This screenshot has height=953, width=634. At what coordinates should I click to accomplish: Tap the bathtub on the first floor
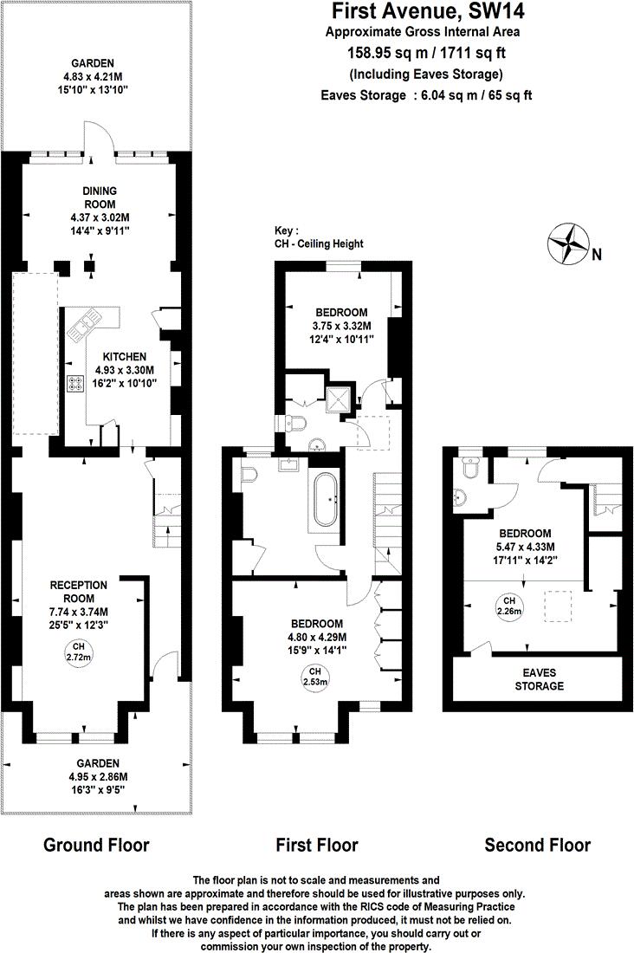[327, 500]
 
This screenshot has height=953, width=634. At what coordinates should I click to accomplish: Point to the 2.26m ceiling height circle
[508, 606]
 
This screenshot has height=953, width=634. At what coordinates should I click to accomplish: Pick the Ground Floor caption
[96, 845]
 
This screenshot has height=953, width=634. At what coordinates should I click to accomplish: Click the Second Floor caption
[537, 845]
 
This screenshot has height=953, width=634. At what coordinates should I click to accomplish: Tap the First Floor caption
[316, 845]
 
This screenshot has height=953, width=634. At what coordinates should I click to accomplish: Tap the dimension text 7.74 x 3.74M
[78, 611]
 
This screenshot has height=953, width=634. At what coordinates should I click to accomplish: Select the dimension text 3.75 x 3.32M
[341, 326]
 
